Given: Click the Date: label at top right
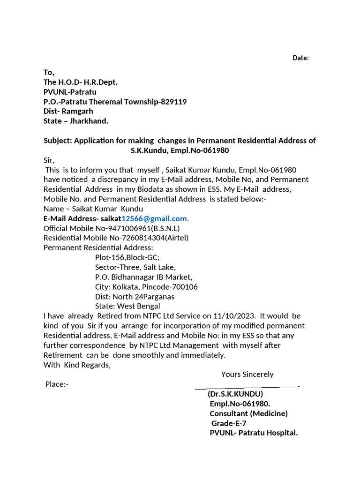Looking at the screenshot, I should [x=300, y=58].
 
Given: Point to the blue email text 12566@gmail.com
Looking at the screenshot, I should [x=154, y=218].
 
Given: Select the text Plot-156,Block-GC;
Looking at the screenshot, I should [x=127, y=257].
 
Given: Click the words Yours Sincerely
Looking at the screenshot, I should [x=247, y=374].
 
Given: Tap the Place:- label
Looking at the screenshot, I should [x=57, y=384].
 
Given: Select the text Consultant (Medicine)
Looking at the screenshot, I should [x=248, y=413].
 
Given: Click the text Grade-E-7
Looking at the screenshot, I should [x=229, y=423].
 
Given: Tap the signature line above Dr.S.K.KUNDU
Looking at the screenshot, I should [x=247, y=387].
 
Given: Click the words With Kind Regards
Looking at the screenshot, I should [x=77, y=365].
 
